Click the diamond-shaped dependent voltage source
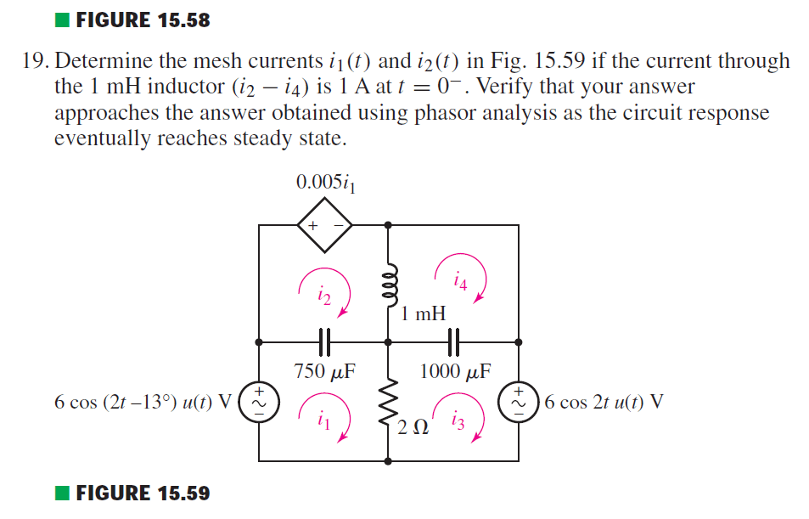[324, 225]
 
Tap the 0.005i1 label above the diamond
[324, 183]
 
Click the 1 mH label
[424, 314]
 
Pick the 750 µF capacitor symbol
[323, 342]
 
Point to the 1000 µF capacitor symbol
[453, 342]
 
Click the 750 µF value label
[323, 371]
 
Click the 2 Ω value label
[409, 425]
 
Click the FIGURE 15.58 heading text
[143, 20]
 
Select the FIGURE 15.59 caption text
[143, 493]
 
